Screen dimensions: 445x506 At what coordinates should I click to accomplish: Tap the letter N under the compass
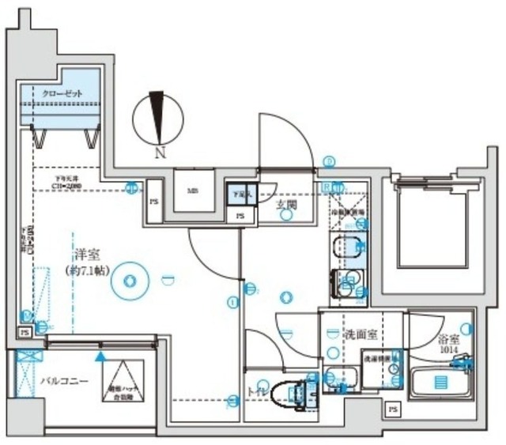coord(160,153)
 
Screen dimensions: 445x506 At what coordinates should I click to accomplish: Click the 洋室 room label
coord(86,255)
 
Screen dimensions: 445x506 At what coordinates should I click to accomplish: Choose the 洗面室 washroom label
coord(359,334)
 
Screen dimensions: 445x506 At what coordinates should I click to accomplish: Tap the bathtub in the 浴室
coord(440,383)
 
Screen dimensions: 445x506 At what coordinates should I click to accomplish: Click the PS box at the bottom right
coord(392,409)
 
